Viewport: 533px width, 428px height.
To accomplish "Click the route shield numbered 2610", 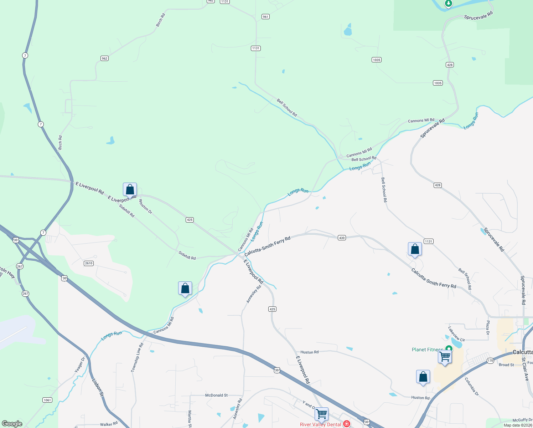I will [x=89, y=263].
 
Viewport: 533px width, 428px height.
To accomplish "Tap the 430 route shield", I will [x=342, y=238].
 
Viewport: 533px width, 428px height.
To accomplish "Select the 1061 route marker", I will [x=47, y=400].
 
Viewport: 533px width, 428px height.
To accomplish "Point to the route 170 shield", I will [x=491, y=361].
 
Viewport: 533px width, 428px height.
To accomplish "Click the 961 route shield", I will [x=265, y=17].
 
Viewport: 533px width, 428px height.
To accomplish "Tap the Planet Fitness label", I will [x=427, y=350].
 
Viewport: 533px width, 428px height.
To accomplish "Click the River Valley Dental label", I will [x=320, y=424].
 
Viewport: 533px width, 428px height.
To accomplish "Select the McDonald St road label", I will [x=216, y=395].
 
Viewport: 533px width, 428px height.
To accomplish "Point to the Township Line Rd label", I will [x=137, y=357].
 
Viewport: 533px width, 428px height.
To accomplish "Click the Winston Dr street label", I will [x=145, y=207].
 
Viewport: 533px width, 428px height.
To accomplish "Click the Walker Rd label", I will [x=109, y=424].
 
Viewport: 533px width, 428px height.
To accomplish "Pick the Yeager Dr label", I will [x=80, y=365].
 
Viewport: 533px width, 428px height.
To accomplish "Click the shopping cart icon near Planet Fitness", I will [x=445, y=356].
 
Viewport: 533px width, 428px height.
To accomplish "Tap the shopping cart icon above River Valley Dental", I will [x=321, y=414].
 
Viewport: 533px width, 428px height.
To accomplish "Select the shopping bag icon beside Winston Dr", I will [x=130, y=189].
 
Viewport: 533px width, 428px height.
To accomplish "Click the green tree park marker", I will [x=449, y=4].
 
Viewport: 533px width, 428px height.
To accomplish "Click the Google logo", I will [x=12, y=424].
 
